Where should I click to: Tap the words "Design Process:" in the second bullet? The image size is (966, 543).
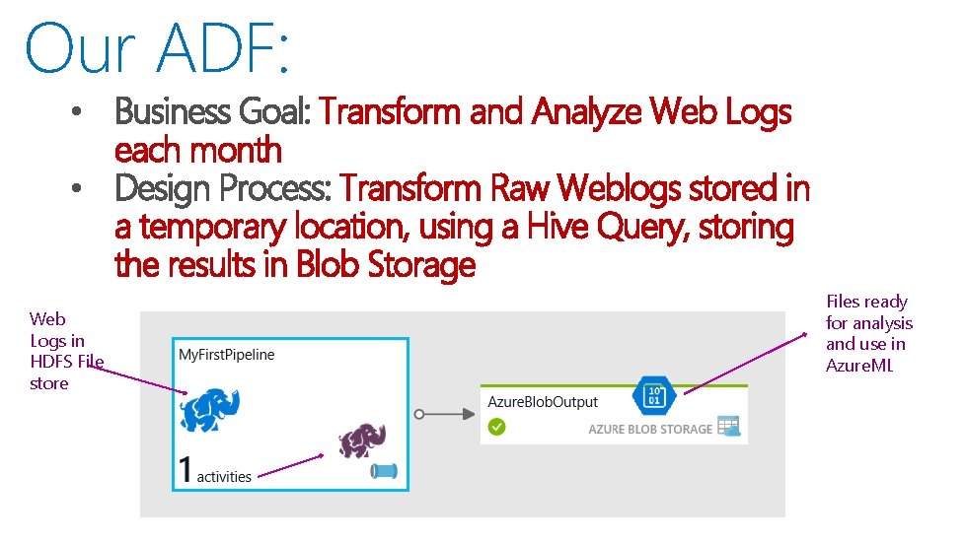pos(224,188)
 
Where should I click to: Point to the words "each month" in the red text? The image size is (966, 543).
pos(198,151)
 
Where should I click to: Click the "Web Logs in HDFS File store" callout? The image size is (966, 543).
pos(65,351)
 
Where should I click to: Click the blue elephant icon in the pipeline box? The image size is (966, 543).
pos(210,408)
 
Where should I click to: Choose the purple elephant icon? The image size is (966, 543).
pos(361,441)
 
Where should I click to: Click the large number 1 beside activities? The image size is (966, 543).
pos(185,469)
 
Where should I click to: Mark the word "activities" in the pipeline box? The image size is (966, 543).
pos(224,476)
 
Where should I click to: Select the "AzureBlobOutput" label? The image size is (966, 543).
pos(543,402)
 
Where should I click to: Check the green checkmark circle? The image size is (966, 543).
pos(497,427)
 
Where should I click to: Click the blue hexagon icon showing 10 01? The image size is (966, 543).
pos(653,395)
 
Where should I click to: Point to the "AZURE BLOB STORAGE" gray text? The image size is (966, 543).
pos(649,429)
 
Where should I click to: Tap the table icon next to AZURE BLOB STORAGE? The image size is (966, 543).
pos(729,427)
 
